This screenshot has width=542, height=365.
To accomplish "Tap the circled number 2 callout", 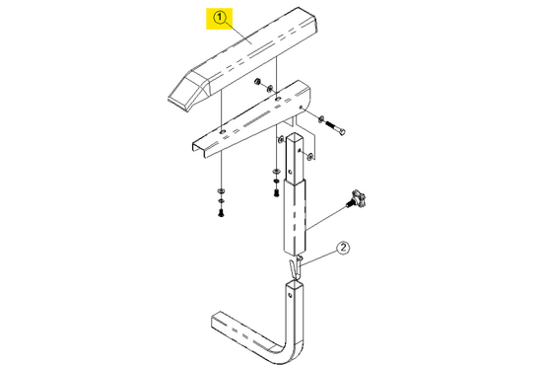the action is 343,248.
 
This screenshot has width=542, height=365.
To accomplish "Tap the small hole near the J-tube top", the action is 290,293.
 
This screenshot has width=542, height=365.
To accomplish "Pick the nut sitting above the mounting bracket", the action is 256,82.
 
